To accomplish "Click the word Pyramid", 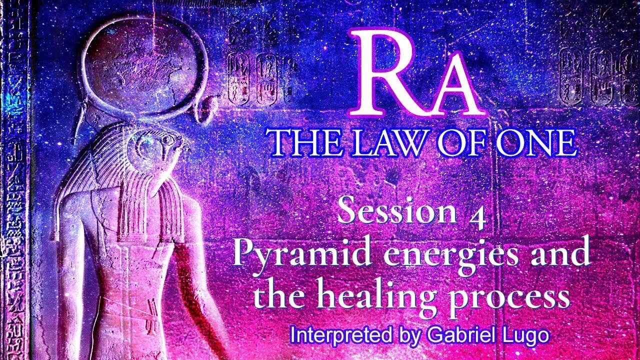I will point(290,253).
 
